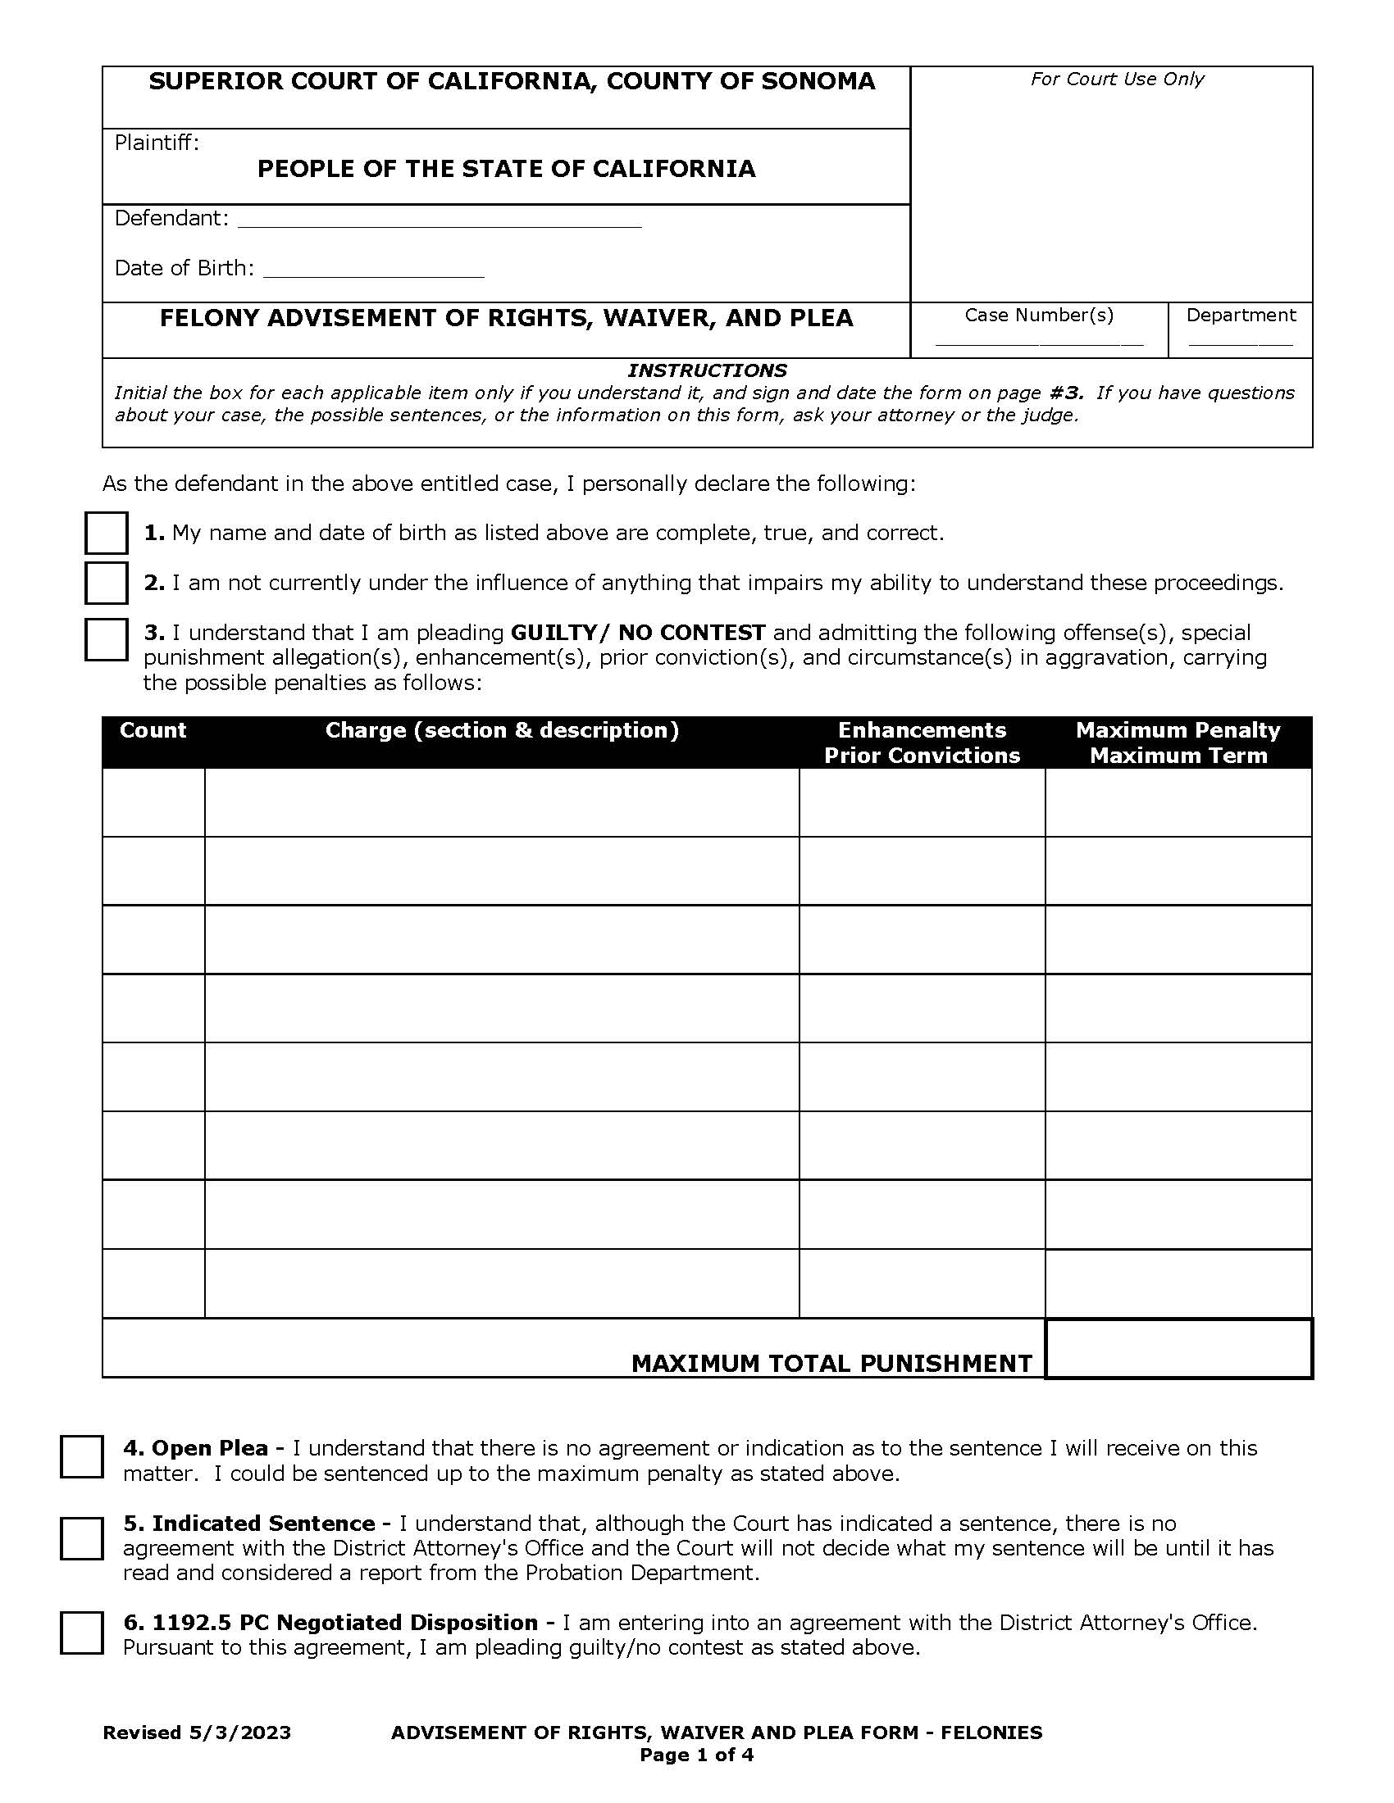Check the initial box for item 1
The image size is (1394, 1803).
(x=106, y=533)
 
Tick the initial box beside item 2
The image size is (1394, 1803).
(x=106, y=583)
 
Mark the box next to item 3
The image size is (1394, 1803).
(x=106, y=639)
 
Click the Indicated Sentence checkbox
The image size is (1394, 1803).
(x=82, y=1538)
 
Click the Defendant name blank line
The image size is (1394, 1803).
(x=439, y=219)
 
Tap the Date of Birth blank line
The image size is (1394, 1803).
(x=373, y=269)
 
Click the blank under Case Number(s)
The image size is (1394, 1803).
(x=1038, y=338)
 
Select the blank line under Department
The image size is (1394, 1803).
(x=1240, y=338)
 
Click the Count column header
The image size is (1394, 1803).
(x=153, y=729)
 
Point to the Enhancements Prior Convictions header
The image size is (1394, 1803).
(x=922, y=743)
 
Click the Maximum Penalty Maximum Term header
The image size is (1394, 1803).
(x=1178, y=743)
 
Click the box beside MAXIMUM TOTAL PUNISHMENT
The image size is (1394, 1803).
(x=1178, y=1349)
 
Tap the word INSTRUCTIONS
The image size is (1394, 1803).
(x=707, y=370)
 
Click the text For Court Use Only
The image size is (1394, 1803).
(x=1117, y=79)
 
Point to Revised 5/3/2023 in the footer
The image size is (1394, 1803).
(x=197, y=1732)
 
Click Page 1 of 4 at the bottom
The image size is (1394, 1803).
(x=696, y=1755)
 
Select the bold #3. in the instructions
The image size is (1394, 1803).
(x=1065, y=393)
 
